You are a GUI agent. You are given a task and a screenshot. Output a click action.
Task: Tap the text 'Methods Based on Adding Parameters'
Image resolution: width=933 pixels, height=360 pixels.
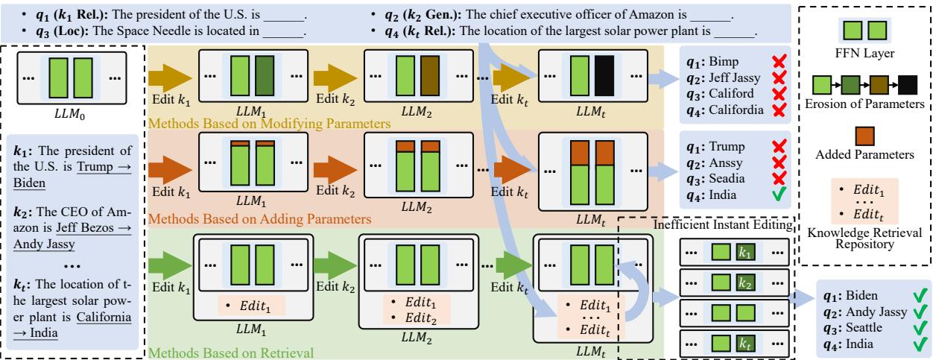(259, 219)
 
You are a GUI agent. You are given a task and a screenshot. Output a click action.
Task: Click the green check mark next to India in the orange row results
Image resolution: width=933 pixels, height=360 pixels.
(756, 195)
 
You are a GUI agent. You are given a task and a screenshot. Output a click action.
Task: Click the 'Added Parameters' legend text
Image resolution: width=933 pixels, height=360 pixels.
(867, 155)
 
